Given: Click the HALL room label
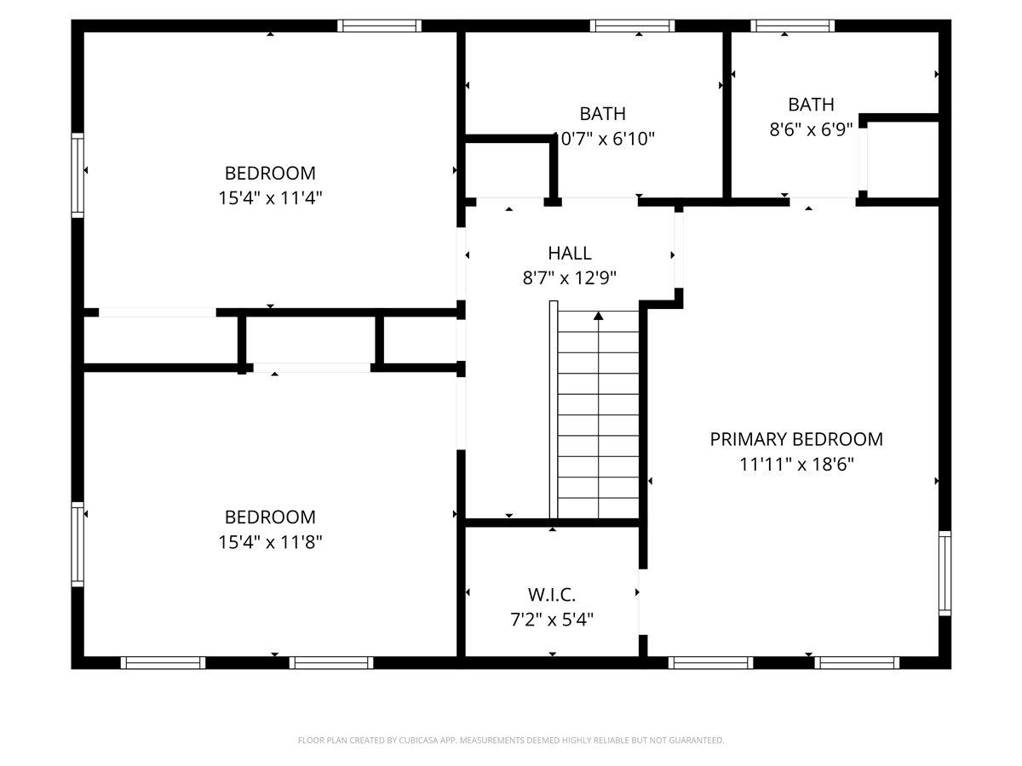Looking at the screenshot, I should [x=569, y=253].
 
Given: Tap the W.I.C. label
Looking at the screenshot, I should [x=552, y=594].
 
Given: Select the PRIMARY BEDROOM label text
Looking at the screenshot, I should [x=796, y=439].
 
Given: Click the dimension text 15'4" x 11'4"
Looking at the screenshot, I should [x=270, y=197].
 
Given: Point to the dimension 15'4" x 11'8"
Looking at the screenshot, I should [x=270, y=541].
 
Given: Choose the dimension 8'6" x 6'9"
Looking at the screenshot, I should [x=811, y=129].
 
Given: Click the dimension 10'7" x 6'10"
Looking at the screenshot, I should [x=604, y=139].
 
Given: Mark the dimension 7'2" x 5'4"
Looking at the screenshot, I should [x=552, y=619].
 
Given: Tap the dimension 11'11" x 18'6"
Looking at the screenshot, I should [x=796, y=464].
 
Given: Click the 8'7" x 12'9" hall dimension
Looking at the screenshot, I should [x=569, y=277].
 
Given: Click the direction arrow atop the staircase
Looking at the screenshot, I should [x=599, y=317].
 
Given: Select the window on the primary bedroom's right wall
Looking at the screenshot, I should [x=944, y=573].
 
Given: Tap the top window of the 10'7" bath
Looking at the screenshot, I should [x=632, y=26].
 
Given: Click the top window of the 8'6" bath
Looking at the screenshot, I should [x=793, y=26].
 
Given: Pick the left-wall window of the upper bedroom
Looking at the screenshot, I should [x=78, y=174].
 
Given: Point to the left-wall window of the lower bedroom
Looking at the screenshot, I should [x=78, y=545].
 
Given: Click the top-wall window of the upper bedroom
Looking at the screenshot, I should [x=380, y=26].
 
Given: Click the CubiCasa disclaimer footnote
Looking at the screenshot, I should [x=511, y=740].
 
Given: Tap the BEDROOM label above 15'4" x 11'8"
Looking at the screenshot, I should [x=270, y=517].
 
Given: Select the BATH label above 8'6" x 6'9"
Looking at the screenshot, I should [x=811, y=105].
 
